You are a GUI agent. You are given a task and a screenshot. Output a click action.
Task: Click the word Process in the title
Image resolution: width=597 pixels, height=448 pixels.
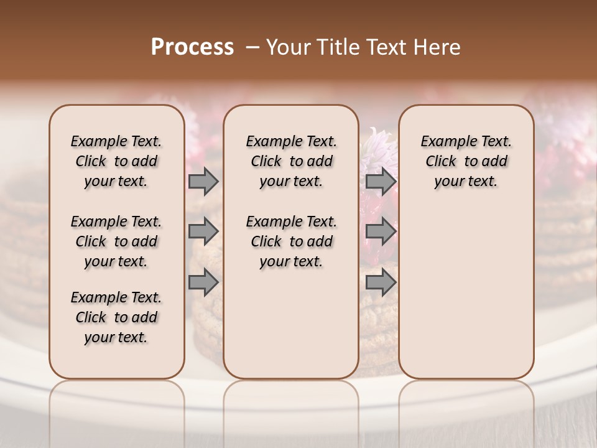(192, 47)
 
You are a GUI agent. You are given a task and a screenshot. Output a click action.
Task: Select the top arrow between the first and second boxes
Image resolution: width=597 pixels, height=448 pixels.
(203, 181)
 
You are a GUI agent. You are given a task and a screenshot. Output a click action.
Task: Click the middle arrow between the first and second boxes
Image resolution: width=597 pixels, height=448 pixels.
(203, 231)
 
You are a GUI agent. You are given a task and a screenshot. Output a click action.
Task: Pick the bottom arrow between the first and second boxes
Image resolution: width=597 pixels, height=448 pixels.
(203, 282)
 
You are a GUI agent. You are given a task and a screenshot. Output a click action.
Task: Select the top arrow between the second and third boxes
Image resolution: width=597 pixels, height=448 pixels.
(381, 181)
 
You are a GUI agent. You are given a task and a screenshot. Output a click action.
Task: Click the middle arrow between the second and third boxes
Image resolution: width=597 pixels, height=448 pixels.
(381, 231)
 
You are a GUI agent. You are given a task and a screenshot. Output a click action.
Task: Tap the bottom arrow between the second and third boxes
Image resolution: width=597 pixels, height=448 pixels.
(381, 282)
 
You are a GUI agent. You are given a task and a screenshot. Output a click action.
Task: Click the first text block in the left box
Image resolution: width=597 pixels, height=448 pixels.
(116, 161)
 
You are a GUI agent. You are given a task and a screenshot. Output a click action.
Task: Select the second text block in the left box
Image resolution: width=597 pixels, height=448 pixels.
(116, 241)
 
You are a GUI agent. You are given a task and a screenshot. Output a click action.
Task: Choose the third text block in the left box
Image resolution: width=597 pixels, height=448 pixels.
(116, 317)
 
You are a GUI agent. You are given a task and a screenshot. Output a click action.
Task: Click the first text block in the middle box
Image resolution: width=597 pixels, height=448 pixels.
(292, 161)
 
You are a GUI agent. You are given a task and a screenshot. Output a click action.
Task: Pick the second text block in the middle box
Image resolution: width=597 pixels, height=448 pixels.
(292, 241)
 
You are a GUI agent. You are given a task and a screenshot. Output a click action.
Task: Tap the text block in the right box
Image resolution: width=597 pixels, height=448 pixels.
(466, 161)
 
